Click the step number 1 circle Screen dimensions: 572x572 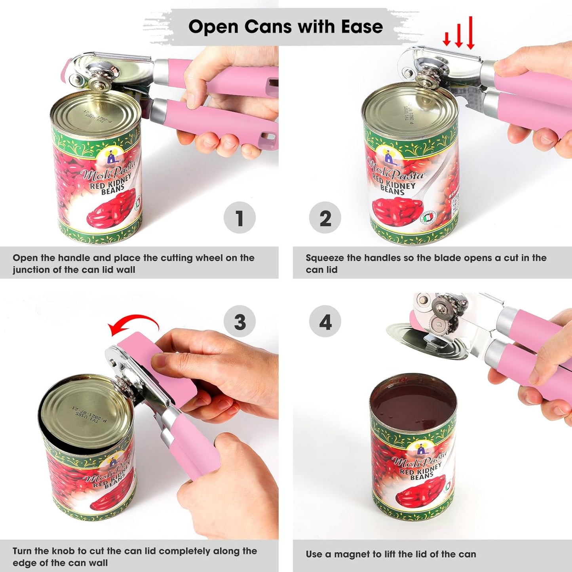(239, 218)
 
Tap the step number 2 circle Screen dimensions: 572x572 (325, 218)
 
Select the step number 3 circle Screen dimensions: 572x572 (239, 321)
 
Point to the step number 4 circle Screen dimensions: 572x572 (325, 321)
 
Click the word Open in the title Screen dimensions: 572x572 (214, 27)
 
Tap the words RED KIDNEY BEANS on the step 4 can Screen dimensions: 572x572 (420, 472)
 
